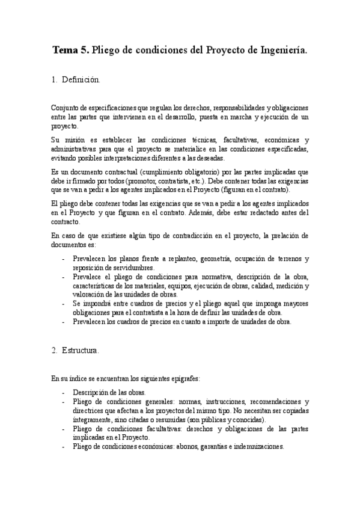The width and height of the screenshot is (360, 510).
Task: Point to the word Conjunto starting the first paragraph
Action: point(65,106)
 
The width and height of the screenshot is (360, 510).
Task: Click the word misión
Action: point(76,140)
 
